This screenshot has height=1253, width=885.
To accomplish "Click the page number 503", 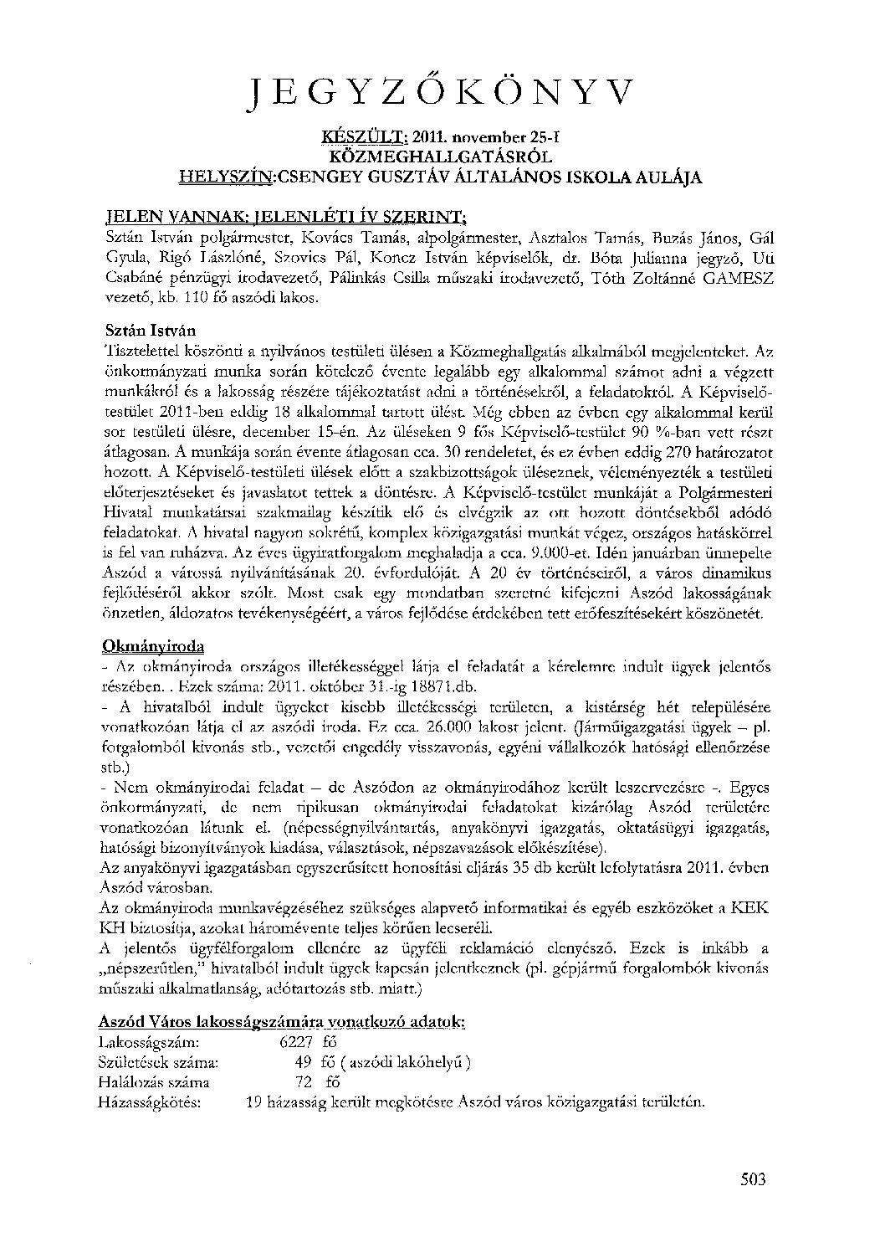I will [754, 1180].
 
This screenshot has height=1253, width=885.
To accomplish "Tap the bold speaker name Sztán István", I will [151, 331].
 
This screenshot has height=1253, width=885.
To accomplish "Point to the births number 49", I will [303, 1063].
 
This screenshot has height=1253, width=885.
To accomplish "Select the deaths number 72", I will [303, 1082].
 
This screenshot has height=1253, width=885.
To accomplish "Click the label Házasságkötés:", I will [150, 1102].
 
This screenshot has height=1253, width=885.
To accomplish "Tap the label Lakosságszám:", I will [149, 1043].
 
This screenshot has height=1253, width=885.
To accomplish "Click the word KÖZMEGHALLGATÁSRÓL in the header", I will [442, 157].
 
